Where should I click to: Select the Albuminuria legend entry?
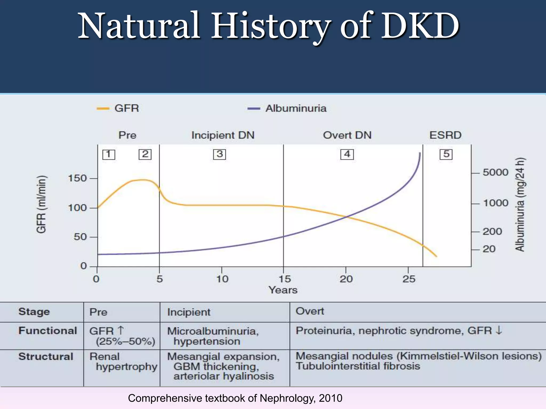[287, 108]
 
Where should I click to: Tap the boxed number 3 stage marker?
[219, 154]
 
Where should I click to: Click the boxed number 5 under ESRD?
[446, 154]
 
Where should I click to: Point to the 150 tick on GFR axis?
[78, 178]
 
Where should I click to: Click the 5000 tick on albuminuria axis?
[495, 173]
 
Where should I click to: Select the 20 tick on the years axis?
[346, 279]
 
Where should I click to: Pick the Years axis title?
[283, 290]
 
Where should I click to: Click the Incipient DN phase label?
[223, 135]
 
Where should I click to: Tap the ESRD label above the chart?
[445, 135]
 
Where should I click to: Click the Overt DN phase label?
[347, 135]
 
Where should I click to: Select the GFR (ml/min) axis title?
[41, 204]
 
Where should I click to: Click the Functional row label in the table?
[47, 331]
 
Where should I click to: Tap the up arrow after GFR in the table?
[121, 330]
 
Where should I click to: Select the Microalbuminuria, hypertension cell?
[213, 336]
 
